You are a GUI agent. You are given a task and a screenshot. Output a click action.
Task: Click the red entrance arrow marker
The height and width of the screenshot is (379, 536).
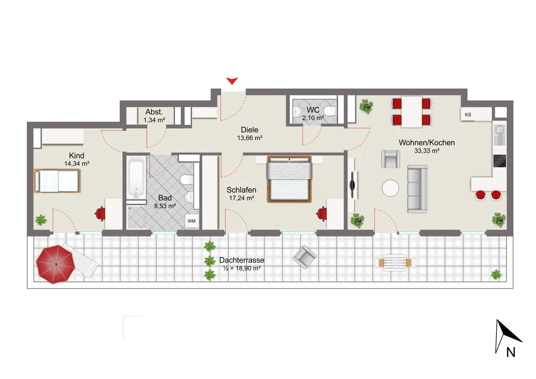pyautogui.click(x=232, y=81)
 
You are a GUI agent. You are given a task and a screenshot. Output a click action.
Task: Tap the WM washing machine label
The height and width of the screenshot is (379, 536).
pyautogui.click(x=191, y=221)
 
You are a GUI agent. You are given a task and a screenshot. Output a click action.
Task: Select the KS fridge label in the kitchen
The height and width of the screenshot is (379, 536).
pyautogui.click(x=468, y=115)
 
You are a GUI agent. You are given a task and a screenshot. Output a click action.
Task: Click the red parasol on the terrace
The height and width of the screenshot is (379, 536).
pyautogui.click(x=56, y=264)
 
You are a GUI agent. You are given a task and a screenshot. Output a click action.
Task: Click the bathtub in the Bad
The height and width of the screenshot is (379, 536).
pyautogui.click(x=136, y=177)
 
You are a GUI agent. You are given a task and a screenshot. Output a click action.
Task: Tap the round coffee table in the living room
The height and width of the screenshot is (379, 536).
pyautogui.click(x=390, y=188)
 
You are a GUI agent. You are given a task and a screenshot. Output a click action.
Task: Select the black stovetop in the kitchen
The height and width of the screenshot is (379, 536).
pyautogui.click(x=500, y=161)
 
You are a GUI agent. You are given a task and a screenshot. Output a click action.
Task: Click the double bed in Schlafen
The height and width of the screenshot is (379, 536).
pyautogui.click(x=289, y=179)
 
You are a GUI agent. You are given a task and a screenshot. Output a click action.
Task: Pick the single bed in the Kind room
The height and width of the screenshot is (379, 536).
pyautogui.click(x=57, y=180)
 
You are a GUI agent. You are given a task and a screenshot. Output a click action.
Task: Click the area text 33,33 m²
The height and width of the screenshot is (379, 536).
pyautogui.click(x=427, y=151)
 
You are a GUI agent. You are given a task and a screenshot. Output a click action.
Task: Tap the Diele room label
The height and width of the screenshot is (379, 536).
pyautogui.click(x=250, y=130)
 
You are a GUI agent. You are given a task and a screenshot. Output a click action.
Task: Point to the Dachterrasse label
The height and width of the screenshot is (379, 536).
pyautogui.click(x=242, y=260)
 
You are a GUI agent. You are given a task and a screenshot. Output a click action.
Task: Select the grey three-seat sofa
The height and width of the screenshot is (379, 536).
pyautogui.click(x=417, y=189)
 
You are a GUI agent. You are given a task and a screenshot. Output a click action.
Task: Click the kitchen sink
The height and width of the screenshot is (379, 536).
pyautogui.click(x=500, y=135)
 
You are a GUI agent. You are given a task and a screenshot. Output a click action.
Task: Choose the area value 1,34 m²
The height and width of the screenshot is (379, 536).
pyautogui.click(x=155, y=120)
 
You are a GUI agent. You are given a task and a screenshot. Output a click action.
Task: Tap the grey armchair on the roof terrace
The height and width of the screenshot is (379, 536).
pyautogui.click(x=304, y=257)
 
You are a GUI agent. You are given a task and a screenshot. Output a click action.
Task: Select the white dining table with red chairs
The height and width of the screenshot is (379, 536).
pyautogui.click(x=412, y=112)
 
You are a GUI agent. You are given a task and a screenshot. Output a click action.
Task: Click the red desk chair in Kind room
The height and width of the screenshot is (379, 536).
pyautogui.click(x=100, y=214)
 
